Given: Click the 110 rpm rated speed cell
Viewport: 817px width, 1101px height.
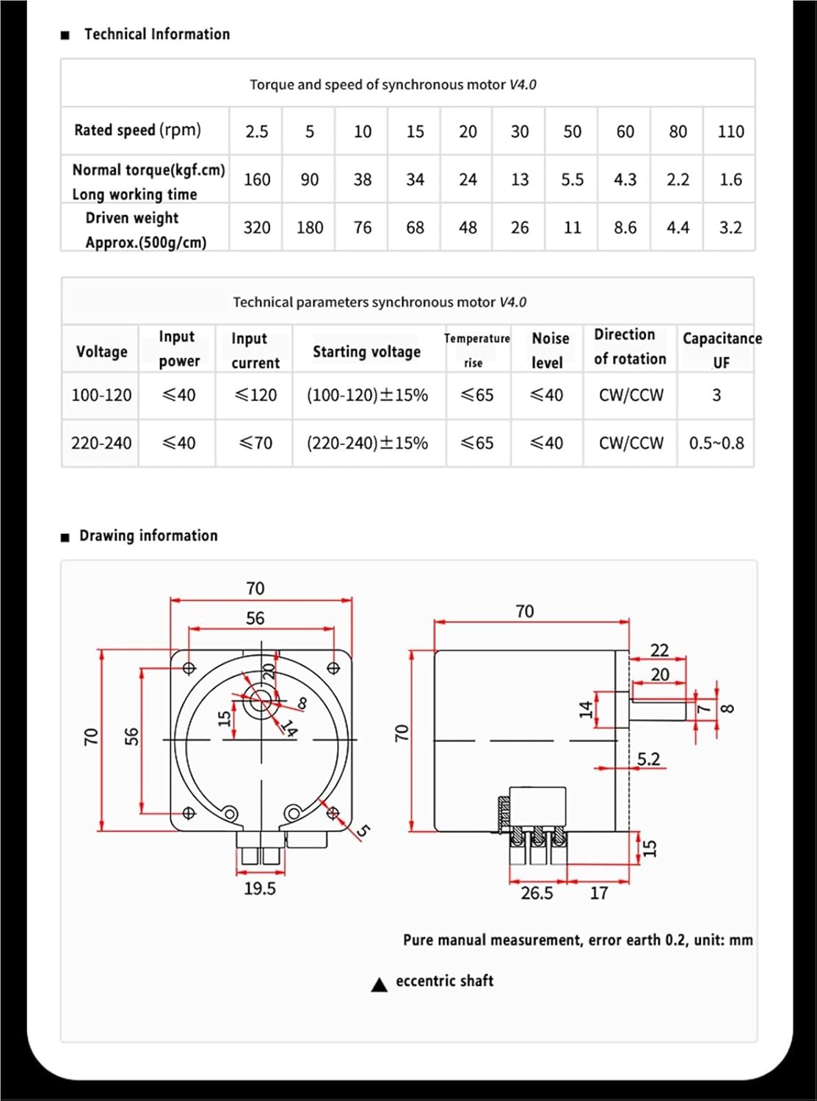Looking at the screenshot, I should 730,131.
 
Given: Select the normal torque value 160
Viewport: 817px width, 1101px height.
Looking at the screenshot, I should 257,180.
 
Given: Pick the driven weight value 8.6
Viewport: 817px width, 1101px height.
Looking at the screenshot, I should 625,228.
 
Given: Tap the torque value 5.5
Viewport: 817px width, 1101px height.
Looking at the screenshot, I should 572,180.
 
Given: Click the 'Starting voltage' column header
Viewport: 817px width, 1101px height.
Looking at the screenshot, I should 366,352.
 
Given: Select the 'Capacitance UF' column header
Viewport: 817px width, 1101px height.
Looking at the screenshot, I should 722,349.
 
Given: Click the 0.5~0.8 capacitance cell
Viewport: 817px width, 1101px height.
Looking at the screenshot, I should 716,443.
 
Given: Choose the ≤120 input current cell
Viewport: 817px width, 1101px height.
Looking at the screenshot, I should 255,395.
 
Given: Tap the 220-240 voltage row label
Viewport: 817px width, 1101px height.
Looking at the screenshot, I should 101,443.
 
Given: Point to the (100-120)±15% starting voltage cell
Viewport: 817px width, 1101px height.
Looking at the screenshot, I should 367,395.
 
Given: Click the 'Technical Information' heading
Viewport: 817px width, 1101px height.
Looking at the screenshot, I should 156,34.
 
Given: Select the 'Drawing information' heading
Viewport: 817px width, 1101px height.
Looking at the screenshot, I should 148,536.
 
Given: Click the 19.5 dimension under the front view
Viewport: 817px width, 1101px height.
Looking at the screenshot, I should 260,889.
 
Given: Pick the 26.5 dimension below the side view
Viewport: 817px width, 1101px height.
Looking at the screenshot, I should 537,893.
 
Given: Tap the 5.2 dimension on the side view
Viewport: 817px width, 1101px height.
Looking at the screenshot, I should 648,759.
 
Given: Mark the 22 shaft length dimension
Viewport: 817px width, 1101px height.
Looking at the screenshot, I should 659,650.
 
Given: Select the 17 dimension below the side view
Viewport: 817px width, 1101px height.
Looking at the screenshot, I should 599,893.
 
